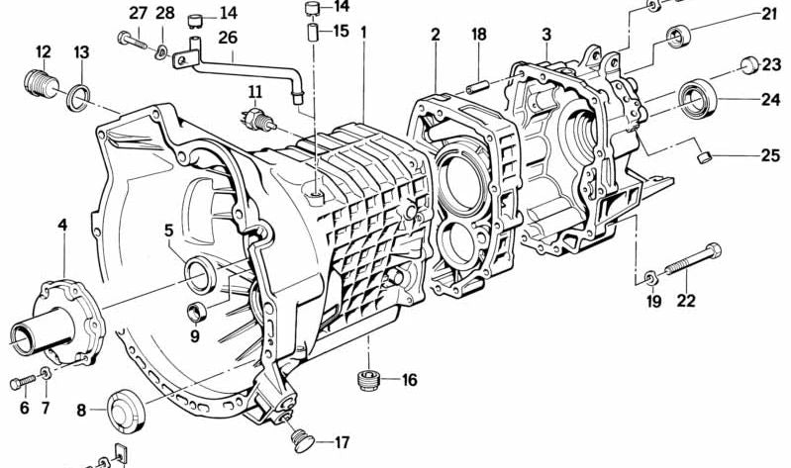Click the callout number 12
click(x=44, y=51)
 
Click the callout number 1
click(x=363, y=33)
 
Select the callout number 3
click(x=545, y=35)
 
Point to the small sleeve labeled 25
click(x=704, y=155)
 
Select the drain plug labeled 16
click(x=368, y=380)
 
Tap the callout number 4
click(x=62, y=226)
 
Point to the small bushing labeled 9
click(x=196, y=314)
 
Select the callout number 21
click(x=769, y=14)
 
